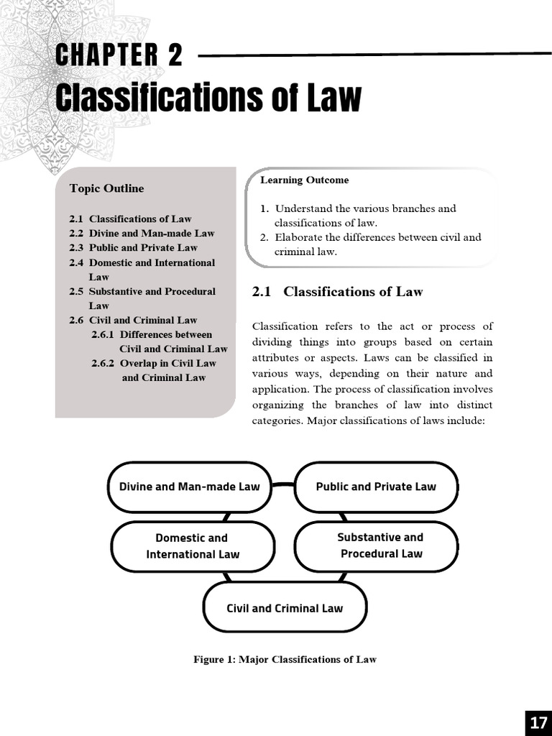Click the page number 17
coord(538,723)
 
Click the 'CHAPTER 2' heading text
coord(119,55)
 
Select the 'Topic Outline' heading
coord(106,188)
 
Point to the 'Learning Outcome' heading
coord(304,180)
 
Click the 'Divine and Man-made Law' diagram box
coord(189,487)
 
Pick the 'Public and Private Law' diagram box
coord(376,487)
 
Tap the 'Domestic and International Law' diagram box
coord(193,546)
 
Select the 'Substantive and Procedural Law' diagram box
coord(381,546)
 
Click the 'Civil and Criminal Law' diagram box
coord(285,608)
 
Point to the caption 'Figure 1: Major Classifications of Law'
coord(285,659)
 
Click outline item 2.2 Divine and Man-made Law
coord(142,234)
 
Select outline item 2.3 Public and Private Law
coord(133,248)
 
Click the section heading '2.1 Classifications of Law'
coord(337,291)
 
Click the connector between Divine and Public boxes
coord(283,485)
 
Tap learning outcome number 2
coord(264,237)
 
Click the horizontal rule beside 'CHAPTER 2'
coord(374,54)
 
